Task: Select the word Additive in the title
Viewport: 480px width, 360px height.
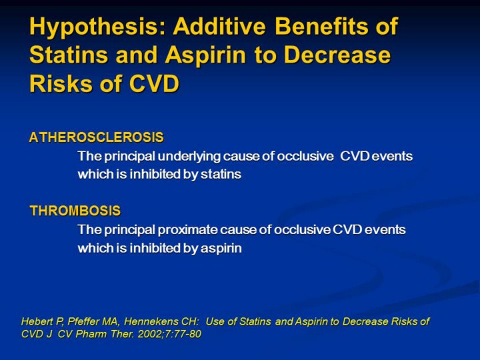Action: [219, 26]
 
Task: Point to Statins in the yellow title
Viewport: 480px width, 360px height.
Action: [69, 55]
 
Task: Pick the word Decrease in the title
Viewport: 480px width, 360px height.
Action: [337, 55]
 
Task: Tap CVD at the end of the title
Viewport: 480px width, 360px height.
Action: [154, 83]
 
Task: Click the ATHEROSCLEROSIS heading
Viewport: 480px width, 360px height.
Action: [97, 137]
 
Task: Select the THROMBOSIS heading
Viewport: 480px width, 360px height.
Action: [75, 211]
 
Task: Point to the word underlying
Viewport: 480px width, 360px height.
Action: [189, 157]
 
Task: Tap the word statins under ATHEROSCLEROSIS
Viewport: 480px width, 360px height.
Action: [221, 174]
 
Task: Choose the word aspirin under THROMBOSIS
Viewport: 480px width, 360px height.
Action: [221, 248]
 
